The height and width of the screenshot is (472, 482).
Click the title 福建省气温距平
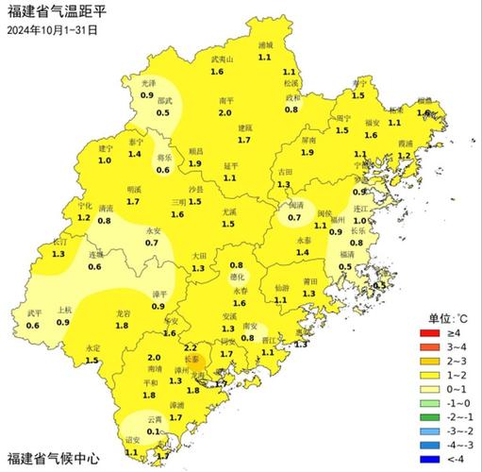58,12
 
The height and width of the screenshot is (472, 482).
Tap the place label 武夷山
222,59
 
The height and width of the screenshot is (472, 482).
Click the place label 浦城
265,45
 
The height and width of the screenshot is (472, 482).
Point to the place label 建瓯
244,127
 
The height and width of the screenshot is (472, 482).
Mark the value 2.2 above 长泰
191,348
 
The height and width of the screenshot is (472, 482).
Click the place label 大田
198,256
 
